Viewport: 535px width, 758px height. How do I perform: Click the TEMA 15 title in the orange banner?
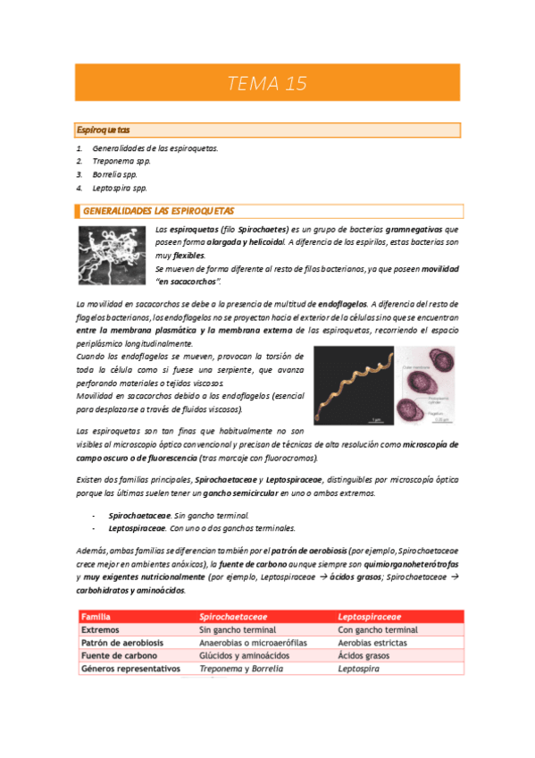[x=267, y=84]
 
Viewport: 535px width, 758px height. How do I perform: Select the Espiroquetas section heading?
[x=104, y=131]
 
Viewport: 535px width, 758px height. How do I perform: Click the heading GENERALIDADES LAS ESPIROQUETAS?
[x=158, y=211]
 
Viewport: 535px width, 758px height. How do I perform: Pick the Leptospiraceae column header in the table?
[x=369, y=617]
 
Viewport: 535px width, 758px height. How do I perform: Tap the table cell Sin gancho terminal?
[x=240, y=629]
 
